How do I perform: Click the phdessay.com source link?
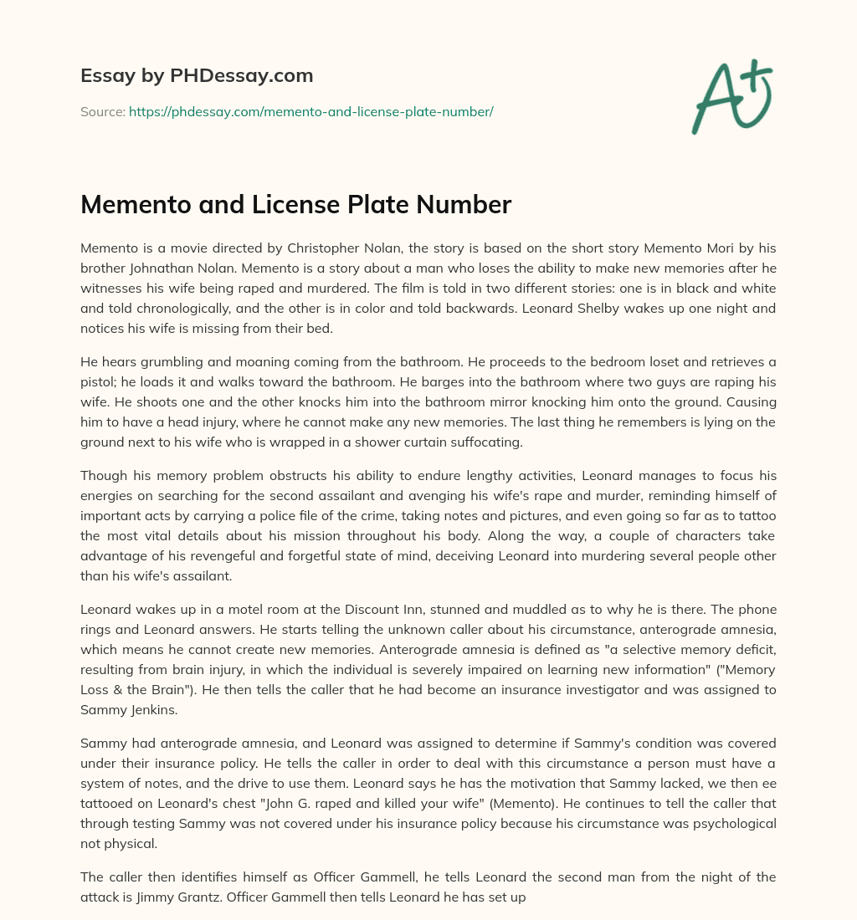pos(310,111)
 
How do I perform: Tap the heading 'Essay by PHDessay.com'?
pos(197,76)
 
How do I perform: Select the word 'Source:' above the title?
pos(102,111)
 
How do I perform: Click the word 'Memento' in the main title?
pos(131,204)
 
